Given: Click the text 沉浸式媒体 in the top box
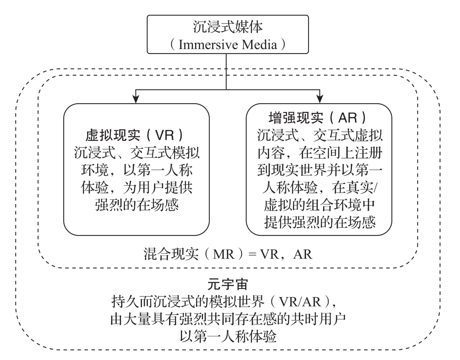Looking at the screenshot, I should [226, 28].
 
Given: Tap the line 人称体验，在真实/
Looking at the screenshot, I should [319, 188].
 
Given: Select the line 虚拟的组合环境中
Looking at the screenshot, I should [319, 205].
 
